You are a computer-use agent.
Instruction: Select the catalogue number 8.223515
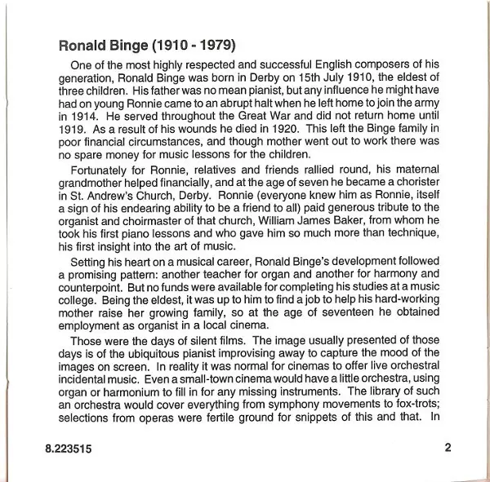point(70,446)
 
